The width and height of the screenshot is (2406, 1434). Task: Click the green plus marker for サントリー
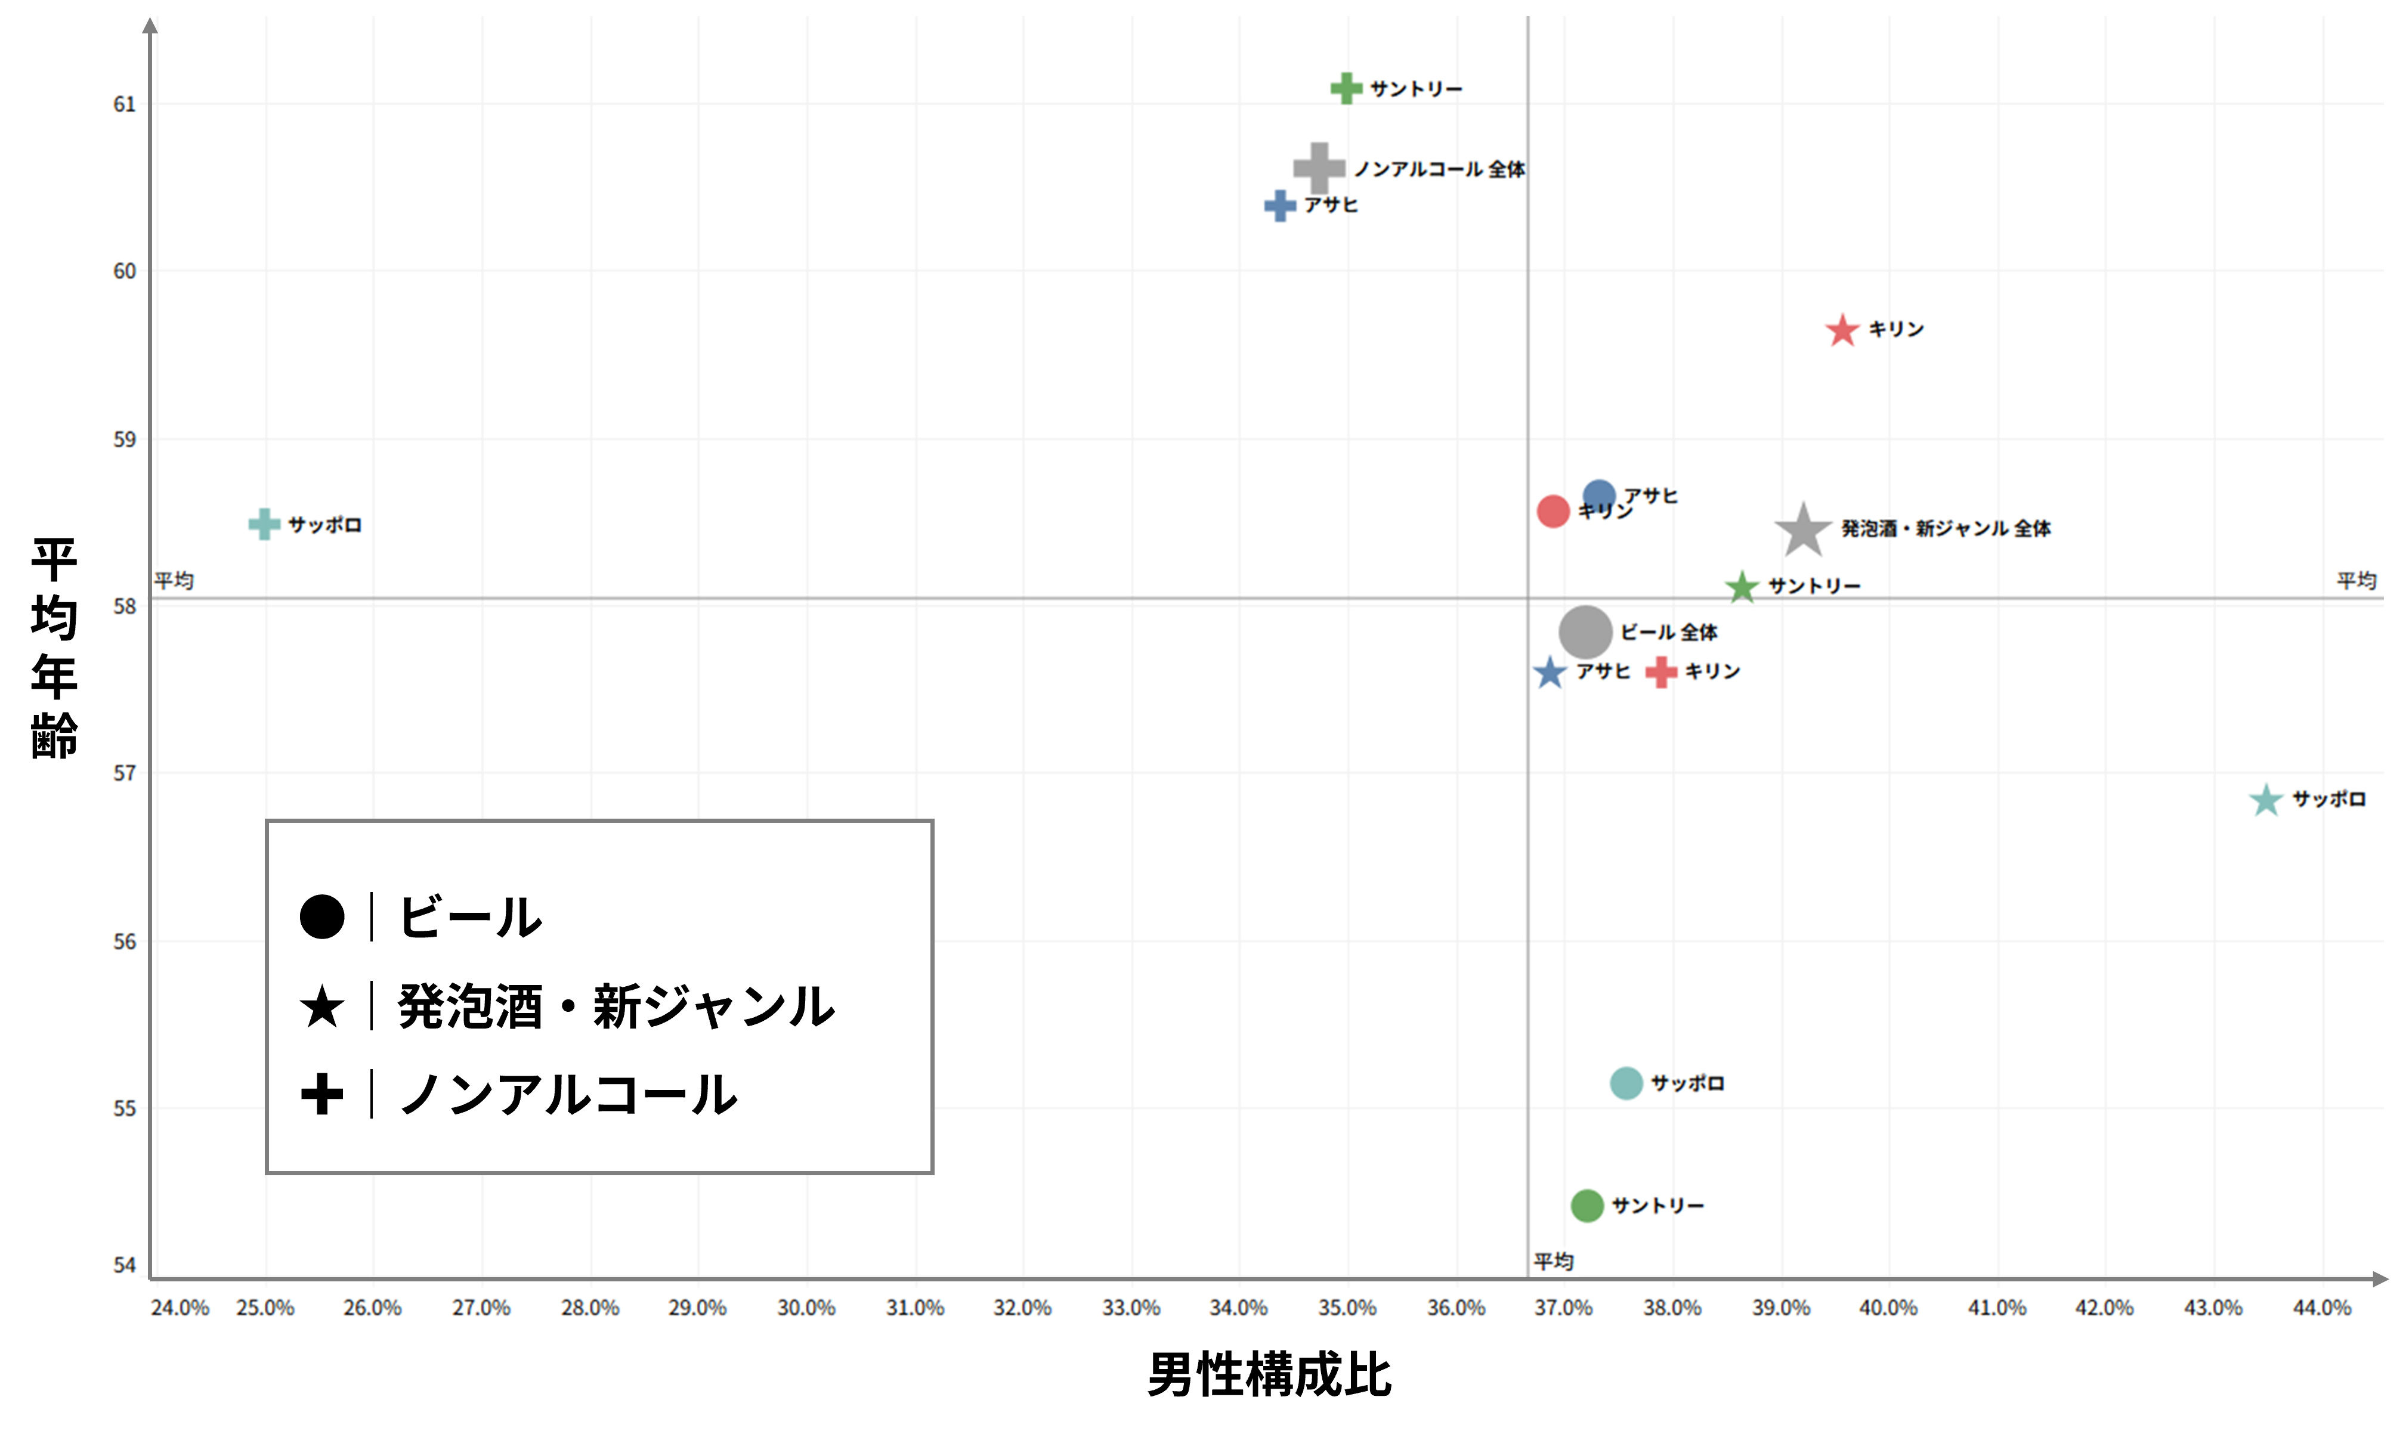coord(1346,89)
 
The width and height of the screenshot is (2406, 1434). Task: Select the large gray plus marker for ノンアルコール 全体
coord(1319,168)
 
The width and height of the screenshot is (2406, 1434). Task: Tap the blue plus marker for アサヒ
coord(1281,205)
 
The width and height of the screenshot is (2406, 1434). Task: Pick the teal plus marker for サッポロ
coord(264,525)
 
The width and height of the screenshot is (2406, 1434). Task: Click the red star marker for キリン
coord(1842,330)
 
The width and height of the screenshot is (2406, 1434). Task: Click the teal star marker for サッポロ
coord(2266,800)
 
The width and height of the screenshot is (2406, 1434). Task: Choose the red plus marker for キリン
coord(1661,671)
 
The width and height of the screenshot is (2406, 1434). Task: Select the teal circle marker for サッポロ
coord(1626,1083)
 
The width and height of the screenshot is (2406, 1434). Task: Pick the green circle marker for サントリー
coord(1587,1205)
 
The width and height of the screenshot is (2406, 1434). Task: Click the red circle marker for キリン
coord(1553,511)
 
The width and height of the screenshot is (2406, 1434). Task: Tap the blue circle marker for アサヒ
coord(1599,495)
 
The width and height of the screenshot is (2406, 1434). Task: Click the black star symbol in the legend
coord(321,1007)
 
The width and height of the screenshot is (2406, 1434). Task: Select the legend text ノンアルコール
coord(568,1095)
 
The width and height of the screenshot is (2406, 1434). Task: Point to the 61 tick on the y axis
coord(125,104)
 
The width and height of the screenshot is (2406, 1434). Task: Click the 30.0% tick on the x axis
coord(806,1308)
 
